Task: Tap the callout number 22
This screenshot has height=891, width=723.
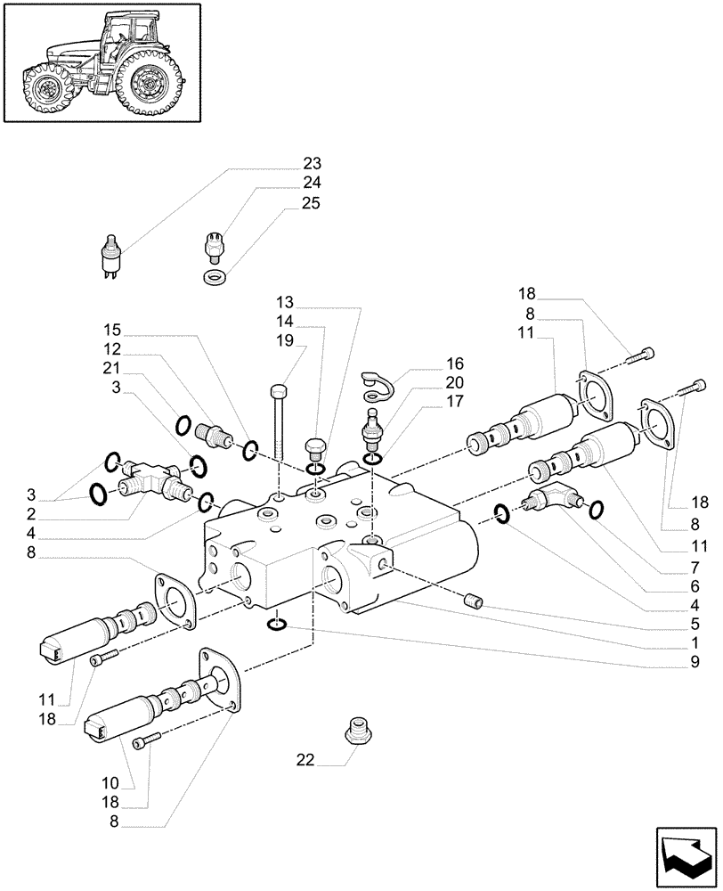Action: [306, 760]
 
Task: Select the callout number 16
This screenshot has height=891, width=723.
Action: [430, 364]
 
